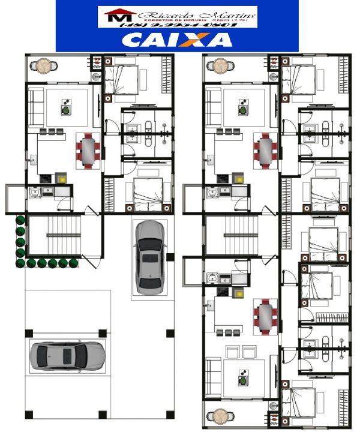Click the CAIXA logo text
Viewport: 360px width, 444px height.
click(177, 40)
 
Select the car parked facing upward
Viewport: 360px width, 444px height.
click(148, 257)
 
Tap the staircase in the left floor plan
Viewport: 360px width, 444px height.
click(55, 235)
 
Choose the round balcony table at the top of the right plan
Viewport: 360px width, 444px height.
click(223, 65)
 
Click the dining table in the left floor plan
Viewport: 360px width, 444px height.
click(88, 151)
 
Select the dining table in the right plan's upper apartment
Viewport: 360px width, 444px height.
click(265, 151)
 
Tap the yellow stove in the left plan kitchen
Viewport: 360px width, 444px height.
click(61, 178)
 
